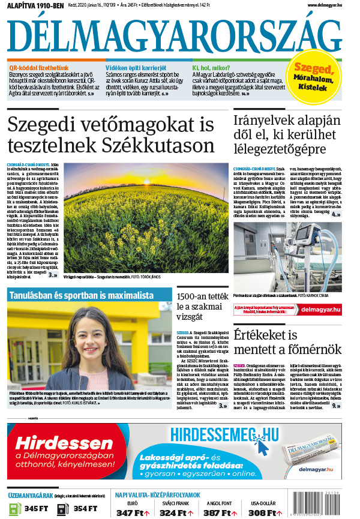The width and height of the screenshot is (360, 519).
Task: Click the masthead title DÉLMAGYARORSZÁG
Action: tap(172, 35)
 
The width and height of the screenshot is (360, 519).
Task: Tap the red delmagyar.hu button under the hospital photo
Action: tap(320, 310)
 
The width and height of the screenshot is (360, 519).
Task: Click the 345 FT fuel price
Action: tap(35, 509)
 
